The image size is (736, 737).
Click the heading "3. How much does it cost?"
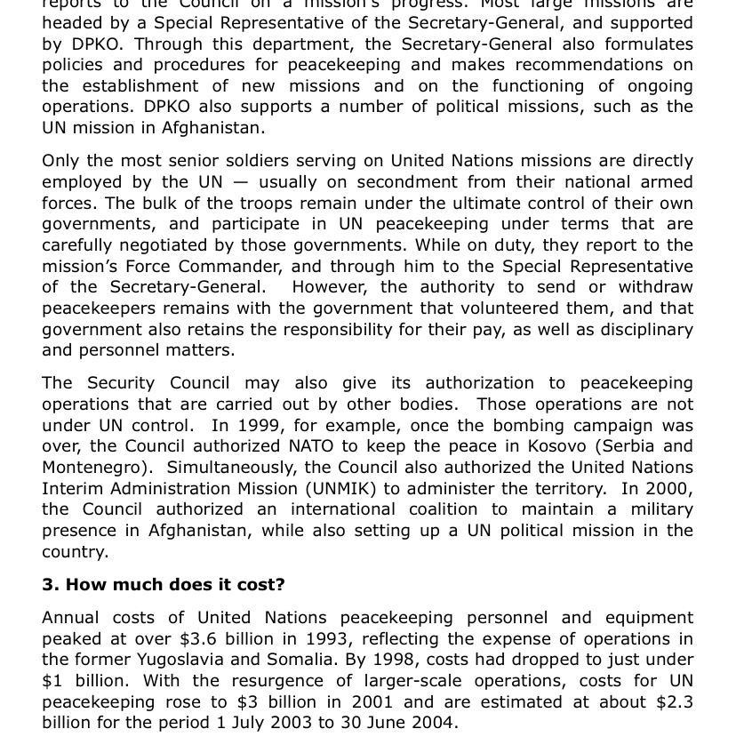[164, 585]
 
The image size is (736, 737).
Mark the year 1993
[326, 638]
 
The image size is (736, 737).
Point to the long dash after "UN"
[240, 182]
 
